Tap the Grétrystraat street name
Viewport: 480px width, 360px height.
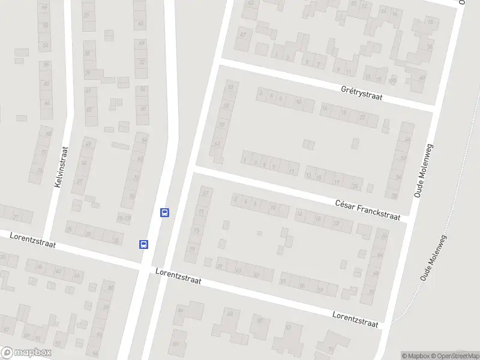(x=361, y=92)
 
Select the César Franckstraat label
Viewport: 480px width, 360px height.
(x=368, y=210)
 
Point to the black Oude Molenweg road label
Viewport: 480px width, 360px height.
(x=423, y=170)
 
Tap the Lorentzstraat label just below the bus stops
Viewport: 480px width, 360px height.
(x=178, y=275)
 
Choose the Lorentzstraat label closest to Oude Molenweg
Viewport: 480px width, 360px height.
(x=356, y=319)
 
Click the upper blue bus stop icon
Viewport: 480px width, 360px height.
(x=164, y=212)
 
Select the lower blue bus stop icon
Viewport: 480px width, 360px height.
(x=144, y=244)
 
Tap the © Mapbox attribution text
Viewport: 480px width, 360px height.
(x=415, y=356)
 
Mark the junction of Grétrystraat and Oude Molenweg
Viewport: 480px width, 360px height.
(x=433, y=110)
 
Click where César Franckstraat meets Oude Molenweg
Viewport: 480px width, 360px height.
(x=409, y=220)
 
